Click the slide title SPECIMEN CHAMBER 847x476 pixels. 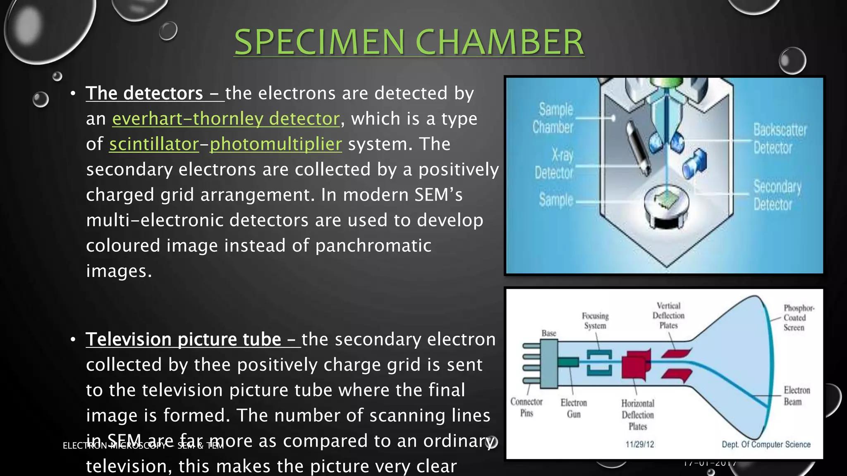409,42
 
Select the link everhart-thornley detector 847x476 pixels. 226,119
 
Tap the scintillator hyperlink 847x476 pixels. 154,144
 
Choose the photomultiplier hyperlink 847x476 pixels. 276,144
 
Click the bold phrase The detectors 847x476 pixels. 144,93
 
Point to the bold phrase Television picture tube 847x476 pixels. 183,340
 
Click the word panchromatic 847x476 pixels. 373,246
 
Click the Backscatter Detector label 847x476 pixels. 779,138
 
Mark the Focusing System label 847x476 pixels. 595,321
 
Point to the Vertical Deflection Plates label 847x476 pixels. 668,315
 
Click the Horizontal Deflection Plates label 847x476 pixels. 637,414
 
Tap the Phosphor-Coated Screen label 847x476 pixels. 798,317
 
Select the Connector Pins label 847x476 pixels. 526,407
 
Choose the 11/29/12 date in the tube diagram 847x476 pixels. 640,444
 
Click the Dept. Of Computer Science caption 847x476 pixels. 766,444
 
